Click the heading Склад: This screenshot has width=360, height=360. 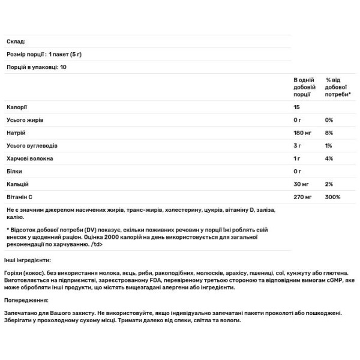pos(15,41)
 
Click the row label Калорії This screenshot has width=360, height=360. pos(16,107)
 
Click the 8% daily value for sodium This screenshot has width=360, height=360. pos(329,133)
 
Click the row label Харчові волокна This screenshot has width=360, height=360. pos(29,158)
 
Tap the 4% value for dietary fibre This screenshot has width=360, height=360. pos(329,158)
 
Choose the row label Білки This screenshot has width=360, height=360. pos(14,171)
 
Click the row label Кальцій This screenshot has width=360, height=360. pos(17,184)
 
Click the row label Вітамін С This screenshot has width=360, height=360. pos(19,196)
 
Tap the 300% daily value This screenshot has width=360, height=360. pos(333,196)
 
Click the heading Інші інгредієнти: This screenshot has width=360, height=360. pos(28,260)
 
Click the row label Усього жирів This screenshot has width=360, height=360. pos(24,120)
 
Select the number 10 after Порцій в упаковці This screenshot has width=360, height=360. pos(63,67)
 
